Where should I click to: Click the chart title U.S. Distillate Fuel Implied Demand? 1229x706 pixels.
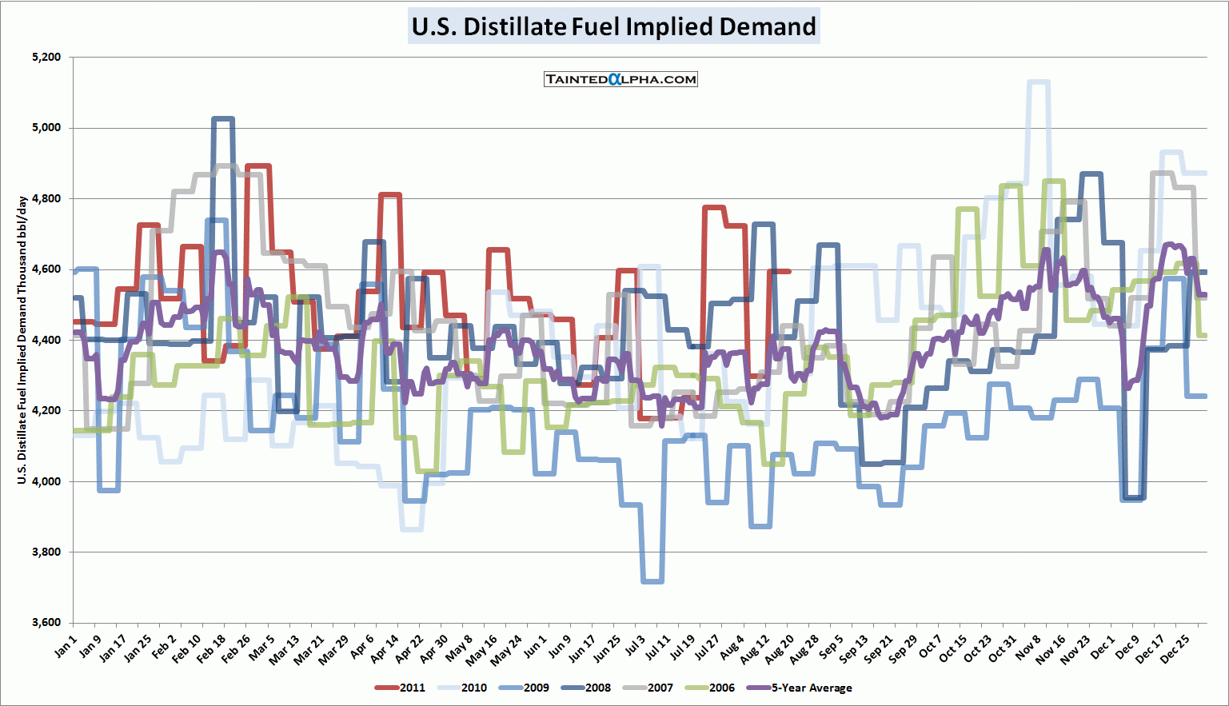pos(613,26)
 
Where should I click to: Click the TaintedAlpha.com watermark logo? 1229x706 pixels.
pos(620,79)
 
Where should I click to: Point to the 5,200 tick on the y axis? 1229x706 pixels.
pos(46,58)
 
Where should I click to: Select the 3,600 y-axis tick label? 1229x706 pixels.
pos(46,623)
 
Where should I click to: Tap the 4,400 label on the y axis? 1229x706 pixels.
pos(46,340)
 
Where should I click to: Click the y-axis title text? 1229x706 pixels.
pos(22,340)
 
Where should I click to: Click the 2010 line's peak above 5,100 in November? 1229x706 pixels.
pos(1038,82)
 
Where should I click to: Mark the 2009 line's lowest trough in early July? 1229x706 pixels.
pos(652,581)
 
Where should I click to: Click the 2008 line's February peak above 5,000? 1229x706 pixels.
pos(222,119)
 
